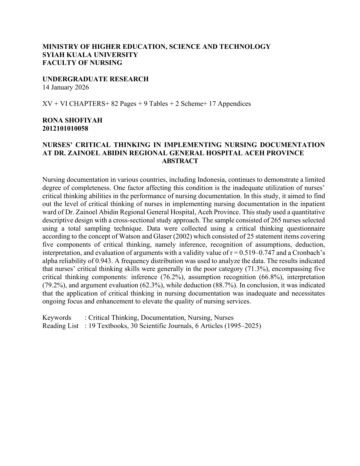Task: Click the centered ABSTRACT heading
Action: (x=180, y=161)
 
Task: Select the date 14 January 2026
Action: (x=66, y=87)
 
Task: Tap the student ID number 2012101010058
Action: (x=65, y=128)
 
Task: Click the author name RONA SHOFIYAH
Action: (x=72, y=120)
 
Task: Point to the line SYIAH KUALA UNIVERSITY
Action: (x=90, y=55)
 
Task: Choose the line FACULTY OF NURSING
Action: (x=82, y=63)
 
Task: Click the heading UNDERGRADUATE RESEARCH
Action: (x=95, y=79)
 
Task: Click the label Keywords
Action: (x=57, y=318)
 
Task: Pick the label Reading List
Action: (x=60, y=326)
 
